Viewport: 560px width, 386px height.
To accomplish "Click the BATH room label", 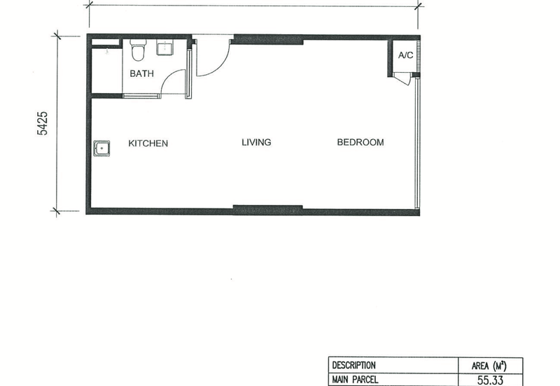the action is click(142, 73).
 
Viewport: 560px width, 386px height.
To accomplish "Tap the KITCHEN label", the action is click(148, 143).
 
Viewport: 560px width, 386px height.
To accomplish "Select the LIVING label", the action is click(256, 143).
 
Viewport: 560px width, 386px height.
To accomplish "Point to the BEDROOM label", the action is click(360, 143).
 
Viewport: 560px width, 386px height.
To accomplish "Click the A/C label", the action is click(406, 55).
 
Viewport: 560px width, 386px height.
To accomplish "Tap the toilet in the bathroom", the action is click(139, 50).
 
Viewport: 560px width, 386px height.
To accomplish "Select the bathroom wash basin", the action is click(165, 47).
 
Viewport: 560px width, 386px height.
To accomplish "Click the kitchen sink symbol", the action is click(101, 148).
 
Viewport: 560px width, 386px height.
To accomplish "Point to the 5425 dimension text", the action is click(42, 124).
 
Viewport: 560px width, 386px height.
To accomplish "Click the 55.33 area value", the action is click(491, 380).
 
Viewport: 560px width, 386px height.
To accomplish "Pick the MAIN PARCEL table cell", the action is click(355, 380).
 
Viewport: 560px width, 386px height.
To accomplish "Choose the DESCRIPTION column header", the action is click(354, 365).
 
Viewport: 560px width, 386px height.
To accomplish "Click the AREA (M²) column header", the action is click(489, 366).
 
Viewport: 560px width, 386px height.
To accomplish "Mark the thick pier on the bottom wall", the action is click(268, 210).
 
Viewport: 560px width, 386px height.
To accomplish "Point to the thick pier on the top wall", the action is click(267, 40).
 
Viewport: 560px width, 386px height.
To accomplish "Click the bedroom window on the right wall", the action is click(417, 143).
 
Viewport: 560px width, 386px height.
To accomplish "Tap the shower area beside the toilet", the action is click(107, 69).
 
